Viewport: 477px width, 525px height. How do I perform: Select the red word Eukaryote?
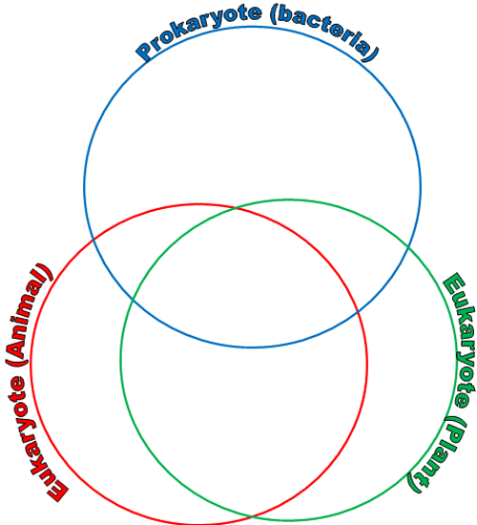[x=31, y=439]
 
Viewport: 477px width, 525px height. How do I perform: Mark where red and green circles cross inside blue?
[x=237, y=209]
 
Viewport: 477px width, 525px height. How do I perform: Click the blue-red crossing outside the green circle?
[x=93, y=240]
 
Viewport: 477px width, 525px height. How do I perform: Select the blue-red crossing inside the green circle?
[x=358, y=312]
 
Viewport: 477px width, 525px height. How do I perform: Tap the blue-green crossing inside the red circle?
[x=134, y=301]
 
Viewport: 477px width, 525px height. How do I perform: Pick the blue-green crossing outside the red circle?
[x=408, y=247]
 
